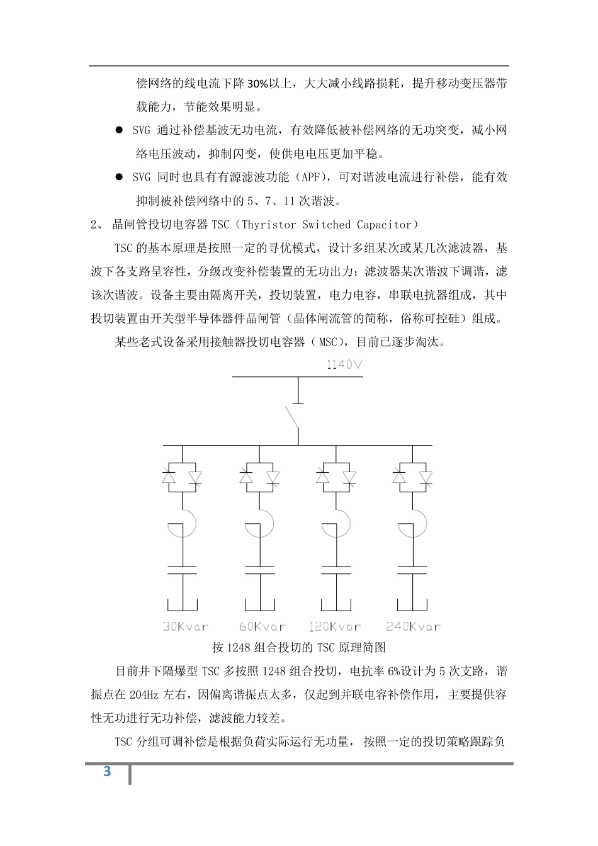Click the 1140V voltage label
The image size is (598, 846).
pos(344,364)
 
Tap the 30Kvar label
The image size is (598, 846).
pos(186,626)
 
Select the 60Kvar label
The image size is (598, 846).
pos(262,626)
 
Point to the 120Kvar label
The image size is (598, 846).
pos(336,626)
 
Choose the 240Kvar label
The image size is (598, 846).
pos(413,626)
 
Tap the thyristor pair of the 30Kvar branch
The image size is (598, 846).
pos(182,477)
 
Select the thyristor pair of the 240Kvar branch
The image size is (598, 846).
pos(412,477)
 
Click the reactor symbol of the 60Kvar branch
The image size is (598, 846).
pos(261,523)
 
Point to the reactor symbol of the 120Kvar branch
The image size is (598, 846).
pos(337,523)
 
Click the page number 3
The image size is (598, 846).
pos(107,772)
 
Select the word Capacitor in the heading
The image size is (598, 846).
pos(383,225)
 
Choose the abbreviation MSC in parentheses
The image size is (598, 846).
pos(329,342)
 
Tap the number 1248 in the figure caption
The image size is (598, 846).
pos(239,648)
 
